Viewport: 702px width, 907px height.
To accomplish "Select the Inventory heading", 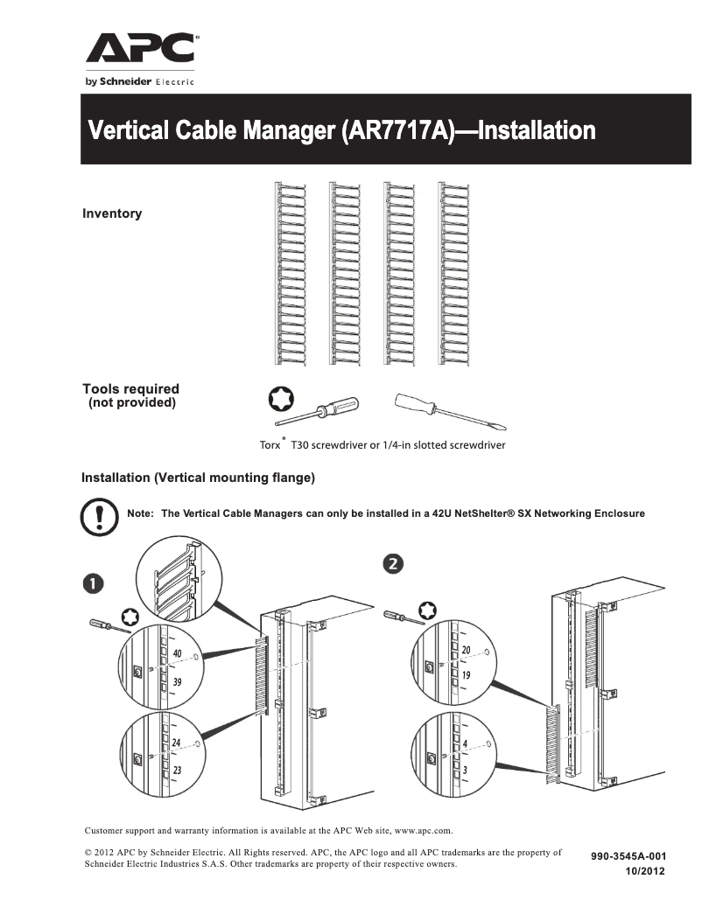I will click(x=112, y=213).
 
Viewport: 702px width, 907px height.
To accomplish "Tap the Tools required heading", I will click(x=130, y=389).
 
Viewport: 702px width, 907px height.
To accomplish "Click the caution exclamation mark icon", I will click(x=99, y=517).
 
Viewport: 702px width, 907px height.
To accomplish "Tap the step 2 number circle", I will click(x=395, y=563).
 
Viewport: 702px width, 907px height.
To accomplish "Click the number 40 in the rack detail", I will click(x=178, y=653).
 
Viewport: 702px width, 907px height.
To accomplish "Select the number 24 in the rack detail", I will click(x=177, y=743).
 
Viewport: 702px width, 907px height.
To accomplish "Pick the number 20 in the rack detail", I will click(x=467, y=650).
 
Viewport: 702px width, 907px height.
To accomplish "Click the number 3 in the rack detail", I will click(x=465, y=770).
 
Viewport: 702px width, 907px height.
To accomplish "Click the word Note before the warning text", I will click(x=141, y=513).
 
